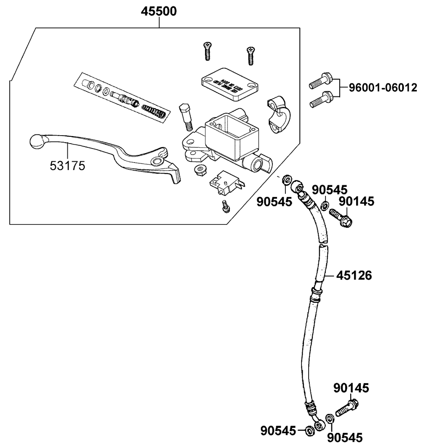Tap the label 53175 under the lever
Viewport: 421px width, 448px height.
point(67,166)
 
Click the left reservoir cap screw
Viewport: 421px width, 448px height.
point(207,52)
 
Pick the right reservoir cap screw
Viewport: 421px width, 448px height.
point(250,55)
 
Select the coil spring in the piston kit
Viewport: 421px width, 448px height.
point(155,112)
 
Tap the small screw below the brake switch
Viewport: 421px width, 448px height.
point(226,206)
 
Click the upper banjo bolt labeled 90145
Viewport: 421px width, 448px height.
point(341,217)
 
